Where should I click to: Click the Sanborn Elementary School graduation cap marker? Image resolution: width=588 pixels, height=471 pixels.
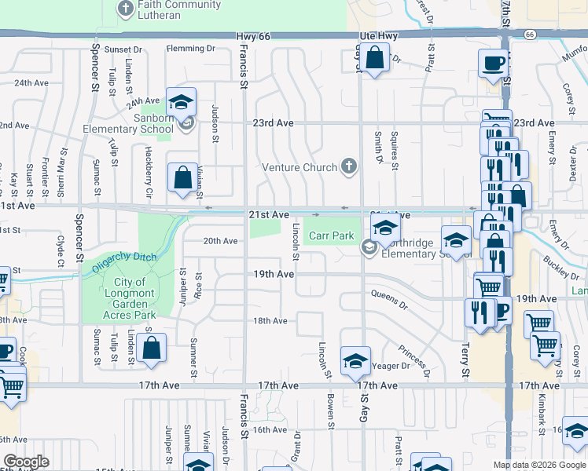(181, 104)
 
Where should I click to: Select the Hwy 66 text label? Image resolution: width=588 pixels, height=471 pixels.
(252, 36)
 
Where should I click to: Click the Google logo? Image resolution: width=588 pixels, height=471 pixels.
(25, 462)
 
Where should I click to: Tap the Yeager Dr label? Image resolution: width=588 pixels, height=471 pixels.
(393, 366)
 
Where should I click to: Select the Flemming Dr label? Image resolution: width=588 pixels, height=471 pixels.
(190, 49)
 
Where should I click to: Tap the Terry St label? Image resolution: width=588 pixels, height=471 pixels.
(465, 360)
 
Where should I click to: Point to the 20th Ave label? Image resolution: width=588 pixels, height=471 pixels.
(220, 241)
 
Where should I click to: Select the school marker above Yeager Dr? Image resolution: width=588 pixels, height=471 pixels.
(355, 361)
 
